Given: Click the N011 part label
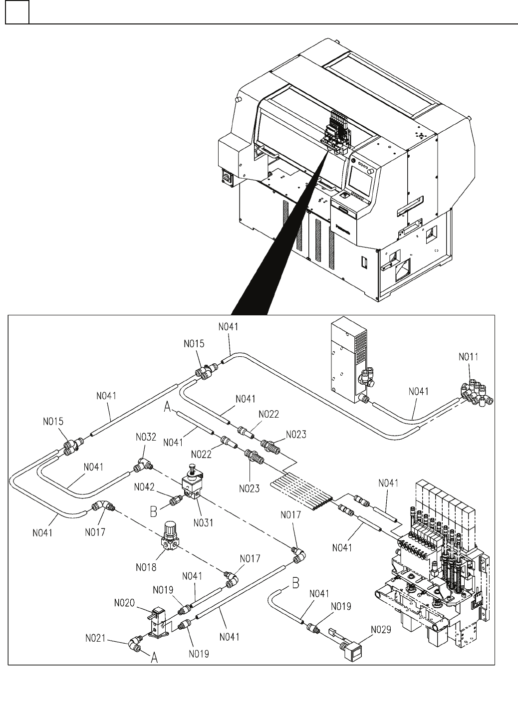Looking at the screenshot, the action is click(468, 357).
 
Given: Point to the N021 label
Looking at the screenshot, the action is click(95, 638).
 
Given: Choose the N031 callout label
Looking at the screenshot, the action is click(204, 522).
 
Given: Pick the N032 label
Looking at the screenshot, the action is click(146, 437).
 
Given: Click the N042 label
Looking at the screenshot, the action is click(144, 487).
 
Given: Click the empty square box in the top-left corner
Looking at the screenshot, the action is click(17, 12).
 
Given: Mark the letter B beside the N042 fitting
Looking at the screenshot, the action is click(154, 511).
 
